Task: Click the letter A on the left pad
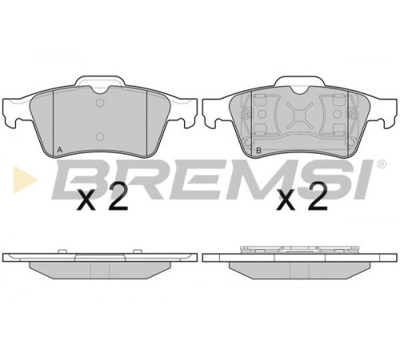pyautogui.click(x=60, y=150)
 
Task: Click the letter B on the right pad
pyautogui.click(x=258, y=150)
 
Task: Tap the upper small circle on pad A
pyautogui.click(x=100, y=102)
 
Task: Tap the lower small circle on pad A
pyautogui.click(x=100, y=137)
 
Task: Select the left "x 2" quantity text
pyautogui.click(x=102, y=197)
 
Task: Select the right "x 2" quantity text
pyautogui.click(x=302, y=197)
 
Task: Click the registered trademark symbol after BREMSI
pyautogui.click(x=382, y=164)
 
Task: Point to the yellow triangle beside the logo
pyautogui.click(x=26, y=179)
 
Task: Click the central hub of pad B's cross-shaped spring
pyautogui.click(x=299, y=114)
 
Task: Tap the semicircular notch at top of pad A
pyautogui.click(x=100, y=90)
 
